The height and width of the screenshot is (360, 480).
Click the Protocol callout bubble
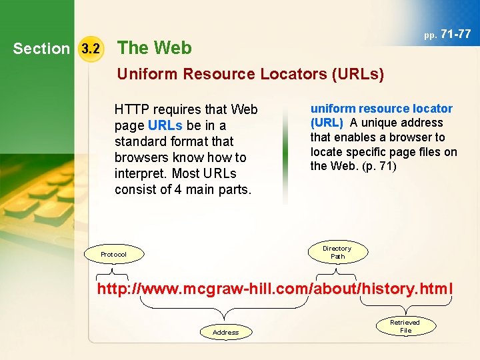(113, 254)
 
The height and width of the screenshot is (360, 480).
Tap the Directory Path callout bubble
(337, 252)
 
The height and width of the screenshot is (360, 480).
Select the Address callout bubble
(225, 331)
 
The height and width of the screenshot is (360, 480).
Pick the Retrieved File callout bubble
(405, 326)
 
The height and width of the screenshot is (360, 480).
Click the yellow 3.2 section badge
(89, 49)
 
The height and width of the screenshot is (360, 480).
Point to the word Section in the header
(41, 49)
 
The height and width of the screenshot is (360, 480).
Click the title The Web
(154, 48)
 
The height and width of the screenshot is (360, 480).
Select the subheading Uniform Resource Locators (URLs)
(251, 74)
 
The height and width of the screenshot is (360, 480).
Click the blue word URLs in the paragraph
(165, 125)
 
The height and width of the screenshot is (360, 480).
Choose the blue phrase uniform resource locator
(381, 109)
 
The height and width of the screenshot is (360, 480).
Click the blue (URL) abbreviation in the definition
(327, 123)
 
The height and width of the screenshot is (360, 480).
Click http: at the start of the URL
(113, 289)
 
